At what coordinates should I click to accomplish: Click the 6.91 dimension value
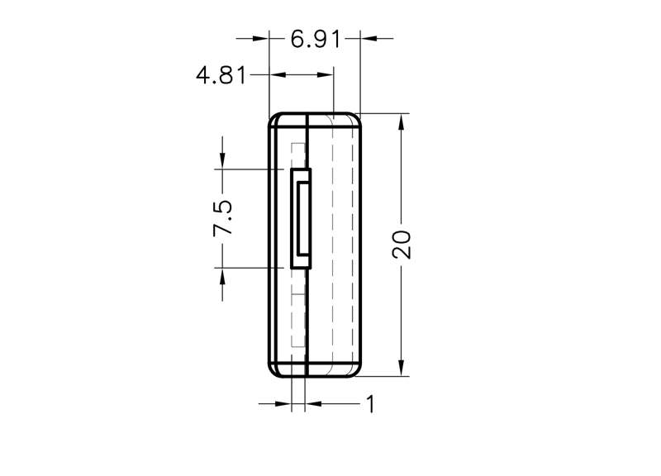[x=315, y=39]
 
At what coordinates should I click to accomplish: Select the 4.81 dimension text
[x=221, y=75]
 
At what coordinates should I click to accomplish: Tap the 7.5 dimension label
[x=222, y=218]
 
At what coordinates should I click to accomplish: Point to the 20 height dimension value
[x=401, y=245]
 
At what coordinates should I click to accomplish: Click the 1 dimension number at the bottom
[x=370, y=404]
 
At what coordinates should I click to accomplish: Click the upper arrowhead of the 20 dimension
[x=401, y=121]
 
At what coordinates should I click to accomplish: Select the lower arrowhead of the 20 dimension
[x=401, y=368]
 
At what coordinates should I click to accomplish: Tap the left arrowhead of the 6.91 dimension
[x=260, y=38]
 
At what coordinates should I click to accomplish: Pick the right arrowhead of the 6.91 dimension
[x=369, y=38]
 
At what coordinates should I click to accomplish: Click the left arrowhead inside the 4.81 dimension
[x=278, y=75]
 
